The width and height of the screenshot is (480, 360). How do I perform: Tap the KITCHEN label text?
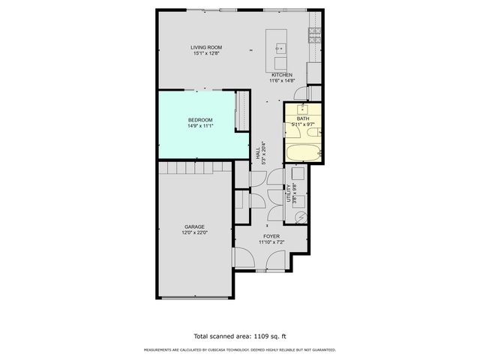(282, 75)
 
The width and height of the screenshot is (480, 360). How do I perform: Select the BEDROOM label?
(200, 120)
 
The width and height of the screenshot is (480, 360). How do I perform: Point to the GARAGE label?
(195, 226)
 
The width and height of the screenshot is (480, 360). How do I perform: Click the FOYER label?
(271, 236)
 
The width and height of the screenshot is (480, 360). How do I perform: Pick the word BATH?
(303, 118)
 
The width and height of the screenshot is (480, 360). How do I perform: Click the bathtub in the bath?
(303, 153)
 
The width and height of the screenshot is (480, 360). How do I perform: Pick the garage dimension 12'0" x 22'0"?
(195, 233)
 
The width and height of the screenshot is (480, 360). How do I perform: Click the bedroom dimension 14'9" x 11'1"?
(200, 126)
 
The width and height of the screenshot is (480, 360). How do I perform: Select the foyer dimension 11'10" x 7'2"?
(271, 242)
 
